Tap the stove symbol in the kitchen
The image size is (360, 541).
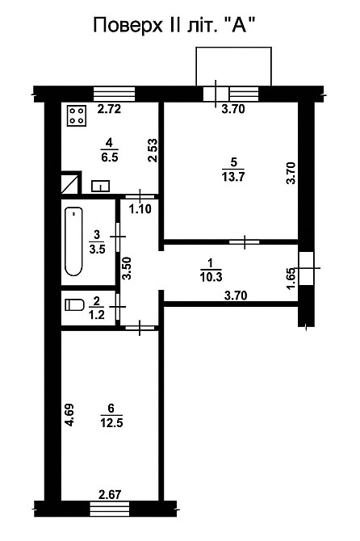(x=77, y=116)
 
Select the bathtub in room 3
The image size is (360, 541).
(x=73, y=241)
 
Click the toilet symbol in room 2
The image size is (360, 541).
(x=75, y=305)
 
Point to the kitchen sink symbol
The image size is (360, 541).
(x=100, y=186)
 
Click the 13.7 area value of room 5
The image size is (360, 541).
(x=233, y=177)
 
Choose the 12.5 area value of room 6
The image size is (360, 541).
(x=111, y=422)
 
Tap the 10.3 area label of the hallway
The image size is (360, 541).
(x=211, y=277)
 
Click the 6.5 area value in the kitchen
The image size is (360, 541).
(x=110, y=157)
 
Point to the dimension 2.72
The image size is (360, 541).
(x=109, y=109)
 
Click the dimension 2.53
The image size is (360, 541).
(x=153, y=150)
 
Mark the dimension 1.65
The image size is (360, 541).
(x=291, y=279)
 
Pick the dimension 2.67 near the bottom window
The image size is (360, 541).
(x=110, y=495)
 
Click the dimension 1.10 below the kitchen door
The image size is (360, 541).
(x=140, y=209)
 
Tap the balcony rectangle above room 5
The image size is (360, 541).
(x=234, y=66)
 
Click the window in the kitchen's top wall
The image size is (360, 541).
(x=114, y=94)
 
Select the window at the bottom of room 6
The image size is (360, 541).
(x=110, y=509)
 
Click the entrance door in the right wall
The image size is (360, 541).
(x=306, y=268)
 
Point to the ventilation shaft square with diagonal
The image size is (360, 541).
(x=70, y=183)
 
